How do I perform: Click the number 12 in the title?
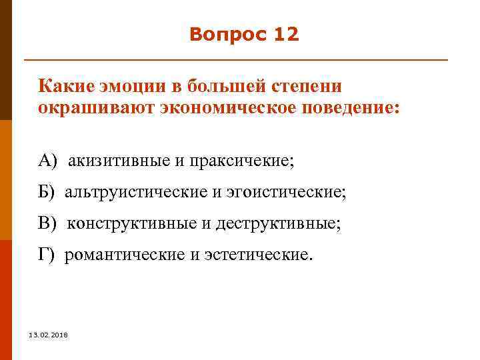(286, 35)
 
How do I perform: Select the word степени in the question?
(305, 87)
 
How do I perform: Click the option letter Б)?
(48, 193)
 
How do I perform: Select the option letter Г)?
(47, 255)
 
